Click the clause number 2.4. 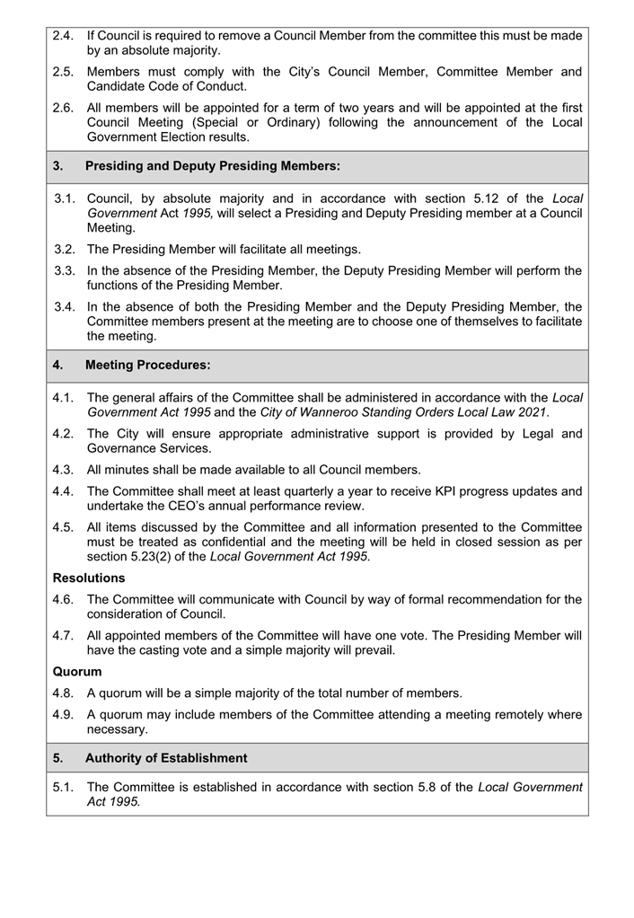click(x=63, y=36)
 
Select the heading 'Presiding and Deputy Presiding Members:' click(x=212, y=166)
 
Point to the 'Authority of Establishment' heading click(x=165, y=758)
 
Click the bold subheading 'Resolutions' click(x=89, y=578)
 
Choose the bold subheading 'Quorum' click(x=77, y=671)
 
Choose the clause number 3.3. click(x=63, y=270)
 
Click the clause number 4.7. click(x=63, y=635)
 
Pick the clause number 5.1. click(x=63, y=787)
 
